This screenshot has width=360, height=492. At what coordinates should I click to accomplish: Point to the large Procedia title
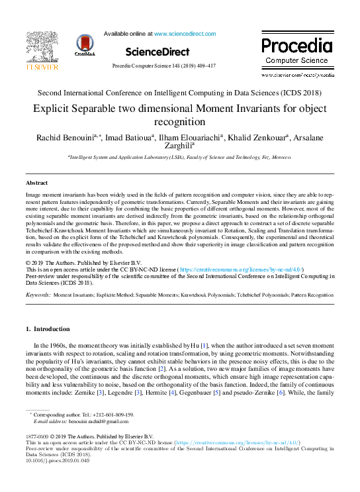(296, 46)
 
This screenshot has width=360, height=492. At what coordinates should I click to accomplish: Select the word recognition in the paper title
(179, 122)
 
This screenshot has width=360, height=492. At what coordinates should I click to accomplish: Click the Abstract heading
(36, 182)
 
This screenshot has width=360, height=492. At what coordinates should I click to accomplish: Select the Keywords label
(37, 293)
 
